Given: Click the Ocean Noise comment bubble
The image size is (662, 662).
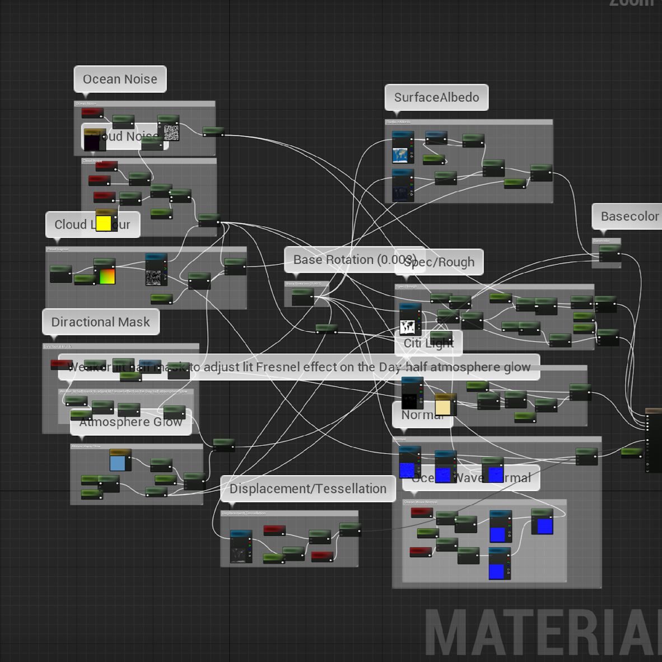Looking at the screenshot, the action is tap(120, 80).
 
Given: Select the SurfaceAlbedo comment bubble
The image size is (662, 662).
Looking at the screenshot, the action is tap(436, 97).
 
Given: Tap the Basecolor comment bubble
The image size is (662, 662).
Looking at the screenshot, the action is tap(629, 216).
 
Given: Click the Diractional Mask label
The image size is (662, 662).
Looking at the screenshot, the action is tap(101, 322).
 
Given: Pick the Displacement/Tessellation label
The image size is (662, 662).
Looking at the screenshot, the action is tap(307, 489).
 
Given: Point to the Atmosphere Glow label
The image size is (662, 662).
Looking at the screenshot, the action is tap(130, 422).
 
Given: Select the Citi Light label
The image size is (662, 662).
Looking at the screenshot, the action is tap(428, 343).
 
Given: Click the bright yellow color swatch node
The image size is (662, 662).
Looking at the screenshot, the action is tap(103, 223).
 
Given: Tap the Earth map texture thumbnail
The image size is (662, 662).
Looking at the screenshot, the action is tap(400, 155).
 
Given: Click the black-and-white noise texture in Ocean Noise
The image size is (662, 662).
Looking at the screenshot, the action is tap(171, 133).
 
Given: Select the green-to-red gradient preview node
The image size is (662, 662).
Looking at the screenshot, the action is tap(107, 276).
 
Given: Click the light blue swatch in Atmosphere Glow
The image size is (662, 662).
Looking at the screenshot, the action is tap(118, 463).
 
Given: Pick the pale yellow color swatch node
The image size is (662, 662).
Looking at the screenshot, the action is tap(442, 407).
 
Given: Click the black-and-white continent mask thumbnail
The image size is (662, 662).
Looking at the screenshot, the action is tap(407, 327).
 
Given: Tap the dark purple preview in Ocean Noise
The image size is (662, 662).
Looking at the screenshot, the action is tap(91, 140).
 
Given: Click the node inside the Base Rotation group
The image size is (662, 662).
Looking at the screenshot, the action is tap(303, 297).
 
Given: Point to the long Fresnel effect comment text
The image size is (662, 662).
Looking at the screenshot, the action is tap(299, 367).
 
